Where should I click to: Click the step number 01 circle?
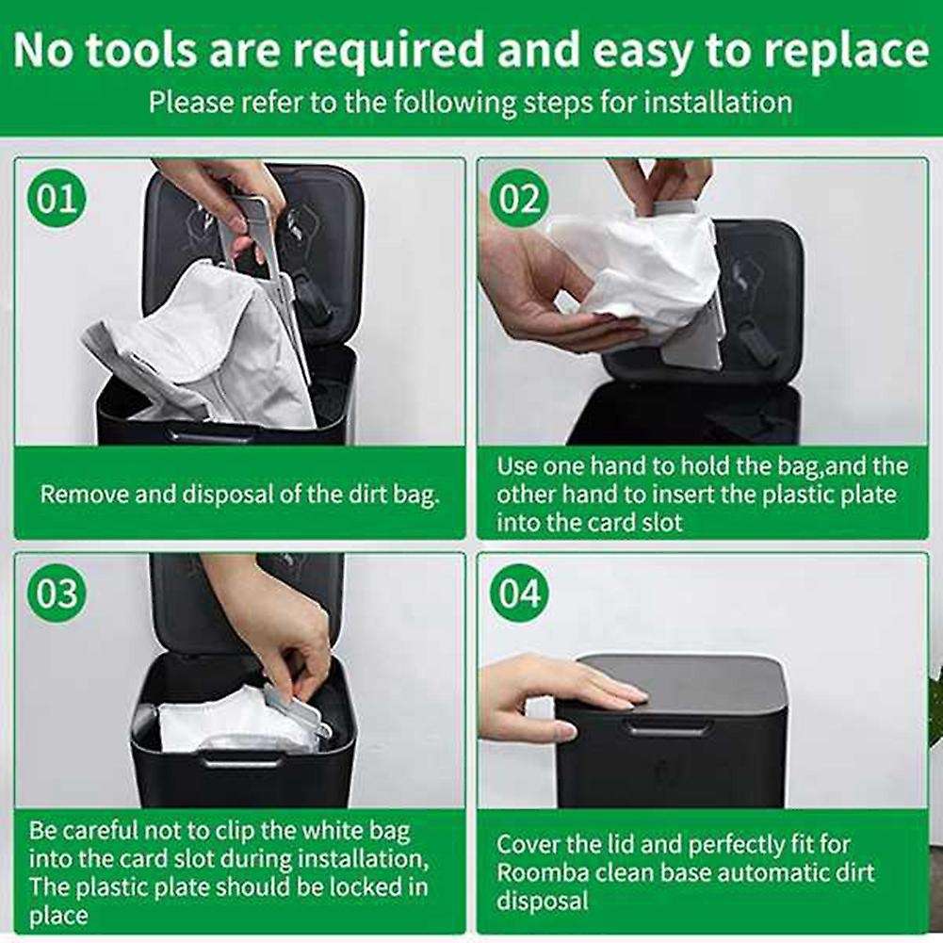click(x=57, y=199)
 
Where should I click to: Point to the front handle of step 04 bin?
click(x=669, y=726)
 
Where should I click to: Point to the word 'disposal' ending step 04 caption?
click(x=542, y=902)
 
